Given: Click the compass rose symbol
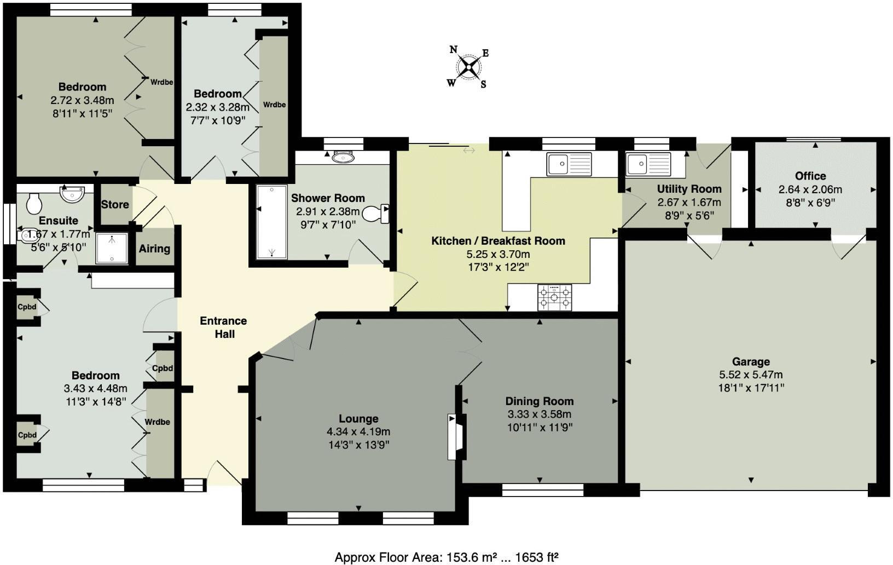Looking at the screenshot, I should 469,67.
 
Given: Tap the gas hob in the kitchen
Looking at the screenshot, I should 554,297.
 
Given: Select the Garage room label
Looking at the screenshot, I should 751,361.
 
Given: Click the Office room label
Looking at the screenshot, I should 810,176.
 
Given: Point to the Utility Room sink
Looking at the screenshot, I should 648,163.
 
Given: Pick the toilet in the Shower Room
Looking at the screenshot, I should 377,213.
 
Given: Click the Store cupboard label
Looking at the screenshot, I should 115,204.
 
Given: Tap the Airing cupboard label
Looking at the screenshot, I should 154,249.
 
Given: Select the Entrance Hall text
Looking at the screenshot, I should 223,327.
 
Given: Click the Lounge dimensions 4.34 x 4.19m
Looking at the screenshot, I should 358,432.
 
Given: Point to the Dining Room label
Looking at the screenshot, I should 539,401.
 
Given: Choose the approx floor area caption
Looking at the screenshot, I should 446,557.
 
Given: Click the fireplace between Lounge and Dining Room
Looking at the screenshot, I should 457,436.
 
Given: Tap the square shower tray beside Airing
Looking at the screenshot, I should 112,249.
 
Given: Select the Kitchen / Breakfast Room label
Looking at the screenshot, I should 498,241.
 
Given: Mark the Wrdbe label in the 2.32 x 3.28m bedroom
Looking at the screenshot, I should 274,105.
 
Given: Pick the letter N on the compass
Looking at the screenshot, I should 453,49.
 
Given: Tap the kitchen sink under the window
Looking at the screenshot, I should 569,164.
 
